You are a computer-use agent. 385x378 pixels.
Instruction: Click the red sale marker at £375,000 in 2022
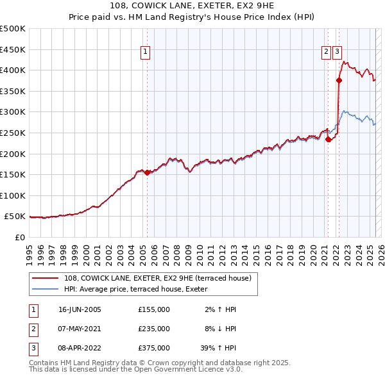339,80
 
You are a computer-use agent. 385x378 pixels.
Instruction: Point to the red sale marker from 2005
147,172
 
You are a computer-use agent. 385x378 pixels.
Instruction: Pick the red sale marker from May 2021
328,138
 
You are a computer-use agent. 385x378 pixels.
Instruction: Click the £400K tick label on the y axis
13,70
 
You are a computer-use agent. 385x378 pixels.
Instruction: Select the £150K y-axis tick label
13,174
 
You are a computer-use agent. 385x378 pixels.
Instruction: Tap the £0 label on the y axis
20,237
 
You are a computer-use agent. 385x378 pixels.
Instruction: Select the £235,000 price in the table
154,329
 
